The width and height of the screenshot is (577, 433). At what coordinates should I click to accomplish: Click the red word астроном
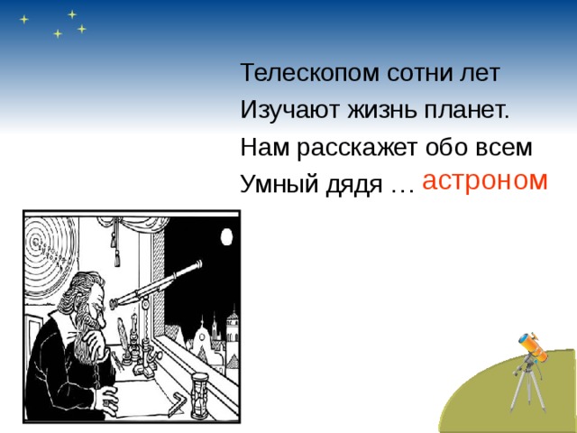[x=484, y=180]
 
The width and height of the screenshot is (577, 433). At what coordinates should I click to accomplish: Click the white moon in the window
[x=226, y=237]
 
